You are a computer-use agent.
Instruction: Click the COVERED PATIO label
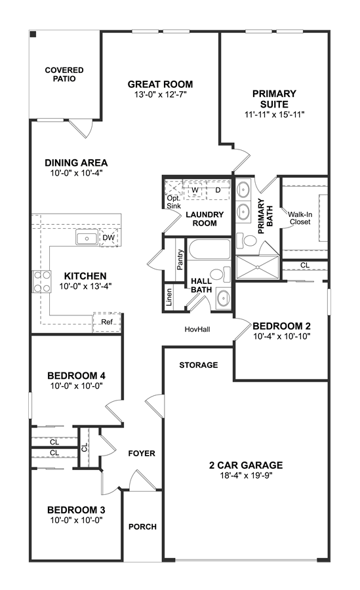[64, 75]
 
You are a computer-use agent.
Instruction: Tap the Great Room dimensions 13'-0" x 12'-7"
[161, 94]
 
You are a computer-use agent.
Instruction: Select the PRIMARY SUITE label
[274, 98]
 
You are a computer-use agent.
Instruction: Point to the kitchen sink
[87, 238]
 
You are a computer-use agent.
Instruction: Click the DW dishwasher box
[109, 237]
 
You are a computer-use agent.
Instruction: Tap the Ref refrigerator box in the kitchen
[107, 322]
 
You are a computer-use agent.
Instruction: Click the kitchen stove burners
[42, 281]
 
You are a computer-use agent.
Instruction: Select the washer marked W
[195, 190]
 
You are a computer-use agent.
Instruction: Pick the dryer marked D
[218, 190]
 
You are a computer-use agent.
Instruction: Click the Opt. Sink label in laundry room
[174, 202]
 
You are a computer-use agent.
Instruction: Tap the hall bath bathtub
[209, 249]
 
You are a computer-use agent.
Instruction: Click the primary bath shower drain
[258, 267]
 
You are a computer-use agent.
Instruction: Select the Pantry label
[180, 260]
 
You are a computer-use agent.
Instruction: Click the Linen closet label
[169, 297]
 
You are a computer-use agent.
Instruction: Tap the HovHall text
[197, 329]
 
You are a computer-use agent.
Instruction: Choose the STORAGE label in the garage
[199, 365]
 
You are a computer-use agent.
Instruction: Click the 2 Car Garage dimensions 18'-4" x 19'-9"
[246, 476]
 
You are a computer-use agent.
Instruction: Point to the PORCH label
[143, 527]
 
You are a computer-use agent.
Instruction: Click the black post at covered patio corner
[33, 35]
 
